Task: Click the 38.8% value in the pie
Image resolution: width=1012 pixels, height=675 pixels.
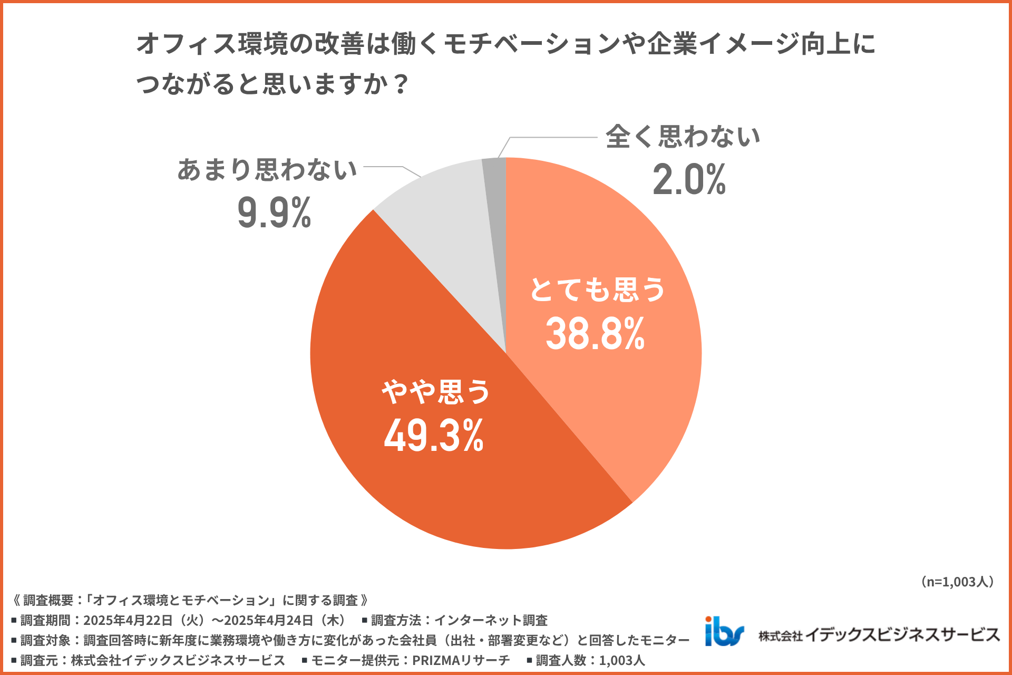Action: click(x=595, y=334)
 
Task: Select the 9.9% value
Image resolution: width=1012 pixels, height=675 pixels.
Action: click(x=274, y=213)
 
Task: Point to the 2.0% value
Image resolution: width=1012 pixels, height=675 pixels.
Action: click(x=689, y=180)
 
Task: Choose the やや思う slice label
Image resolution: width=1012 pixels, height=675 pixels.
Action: click(x=436, y=392)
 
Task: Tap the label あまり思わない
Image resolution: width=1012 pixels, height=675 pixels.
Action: click(x=267, y=170)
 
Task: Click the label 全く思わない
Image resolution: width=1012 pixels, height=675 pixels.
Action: click(x=683, y=137)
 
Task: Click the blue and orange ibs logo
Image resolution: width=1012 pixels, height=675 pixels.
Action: click(x=724, y=631)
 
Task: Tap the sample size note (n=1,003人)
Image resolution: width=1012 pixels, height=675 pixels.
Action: click(x=957, y=582)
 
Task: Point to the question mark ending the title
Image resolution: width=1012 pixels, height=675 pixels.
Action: click(x=401, y=84)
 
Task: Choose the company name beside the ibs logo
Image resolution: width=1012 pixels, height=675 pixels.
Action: click(x=879, y=635)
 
